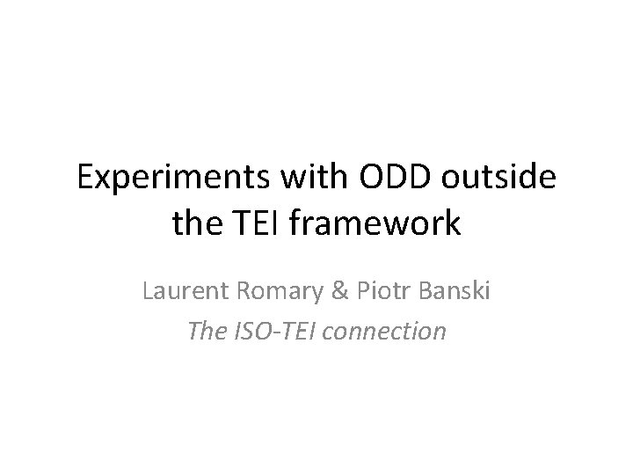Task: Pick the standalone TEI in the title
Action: pos(258,223)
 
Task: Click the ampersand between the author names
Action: pos(317,290)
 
